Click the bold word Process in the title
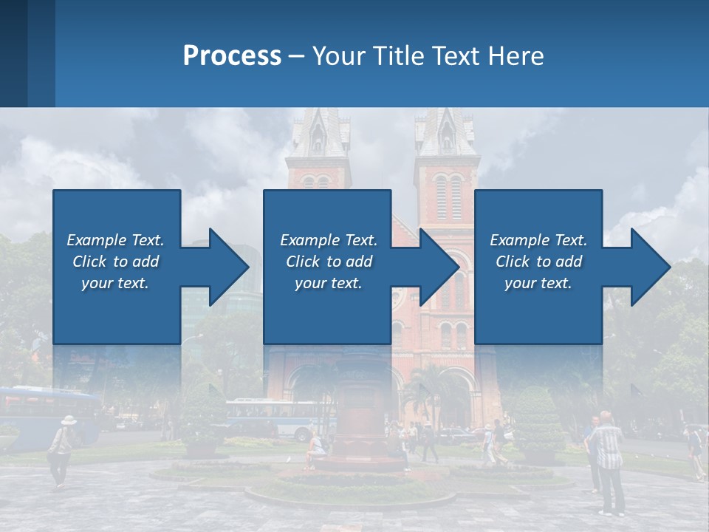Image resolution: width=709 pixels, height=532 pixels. tap(232, 55)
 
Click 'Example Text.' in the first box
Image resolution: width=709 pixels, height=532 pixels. tap(115, 240)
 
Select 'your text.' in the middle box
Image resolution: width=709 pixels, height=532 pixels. tap(328, 283)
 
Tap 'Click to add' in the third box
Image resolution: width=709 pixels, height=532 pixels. tap(538, 262)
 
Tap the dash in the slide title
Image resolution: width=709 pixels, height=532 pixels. tap(296, 56)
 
